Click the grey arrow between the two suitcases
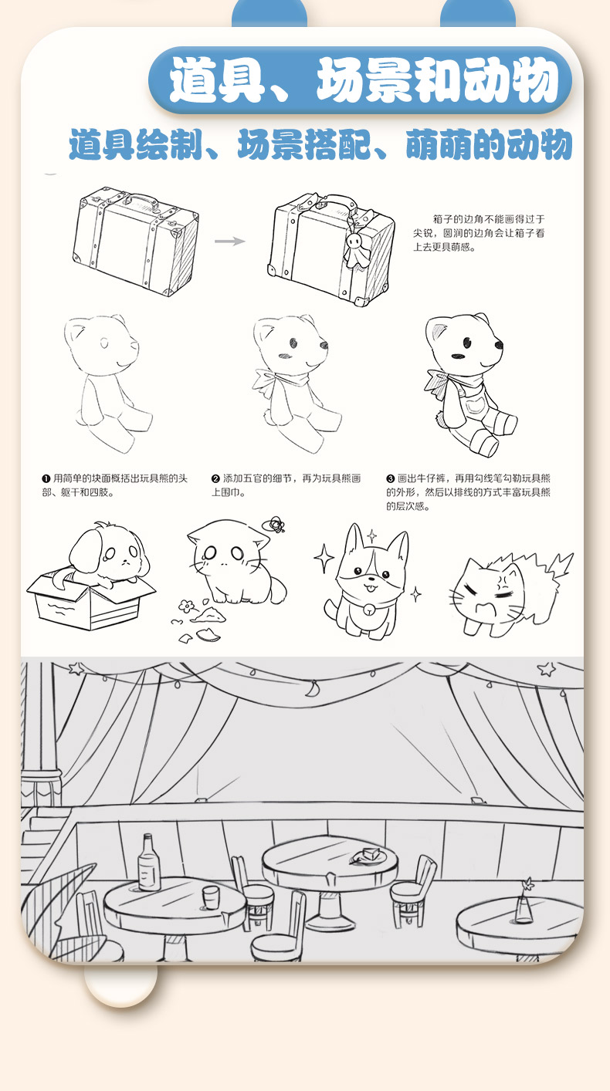(229, 241)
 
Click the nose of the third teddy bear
(499, 345)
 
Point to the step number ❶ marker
(46, 479)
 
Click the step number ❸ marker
(391, 479)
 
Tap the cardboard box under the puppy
(90, 600)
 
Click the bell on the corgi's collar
(370, 609)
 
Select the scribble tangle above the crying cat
(274, 525)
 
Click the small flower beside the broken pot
(186, 606)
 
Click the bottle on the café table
(148, 863)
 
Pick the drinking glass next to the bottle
(211, 897)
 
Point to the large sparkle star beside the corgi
(324, 558)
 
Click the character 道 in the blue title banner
(193, 79)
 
